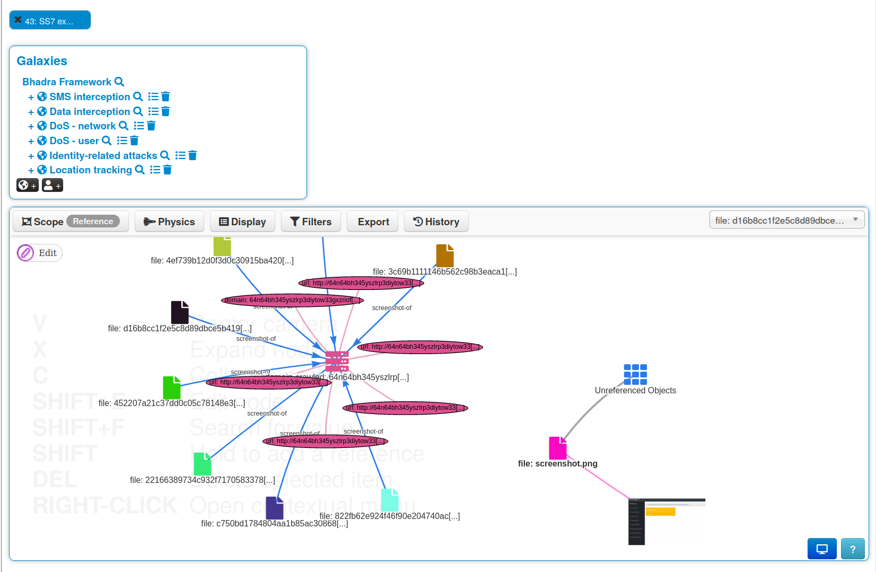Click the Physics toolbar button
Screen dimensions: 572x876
(x=169, y=222)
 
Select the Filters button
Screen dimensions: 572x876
(x=311, y=222)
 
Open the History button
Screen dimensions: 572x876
(x=436, y=222)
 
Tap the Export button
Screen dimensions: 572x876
(x=373, y=222)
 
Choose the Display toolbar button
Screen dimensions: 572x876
(x=242, y=222)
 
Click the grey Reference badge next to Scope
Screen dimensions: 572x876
(x=93, y=221)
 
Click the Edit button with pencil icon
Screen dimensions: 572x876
(x=39, y=253)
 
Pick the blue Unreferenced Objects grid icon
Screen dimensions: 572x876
(x=635, y=374)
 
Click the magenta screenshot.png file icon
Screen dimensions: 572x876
(x=557, y=448)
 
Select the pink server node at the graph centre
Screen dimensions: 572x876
(x=337, y=361)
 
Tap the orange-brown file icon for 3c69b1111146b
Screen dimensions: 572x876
(x=445, y=256)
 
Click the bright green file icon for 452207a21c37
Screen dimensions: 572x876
(x=171, y=388)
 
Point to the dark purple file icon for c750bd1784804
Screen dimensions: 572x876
(x=274, y=508)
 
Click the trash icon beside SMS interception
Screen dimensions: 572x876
(x=165, y=96)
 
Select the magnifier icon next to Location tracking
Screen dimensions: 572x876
(x=140, y=170)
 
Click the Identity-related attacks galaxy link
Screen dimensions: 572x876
(x=103, y=155)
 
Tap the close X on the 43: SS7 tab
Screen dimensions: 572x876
(x=18, y=20)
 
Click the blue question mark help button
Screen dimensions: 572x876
(x=853, y=549)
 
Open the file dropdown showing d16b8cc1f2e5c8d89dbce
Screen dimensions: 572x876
(x=786, y=220)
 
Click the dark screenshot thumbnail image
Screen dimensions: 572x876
(x=667, y=521)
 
